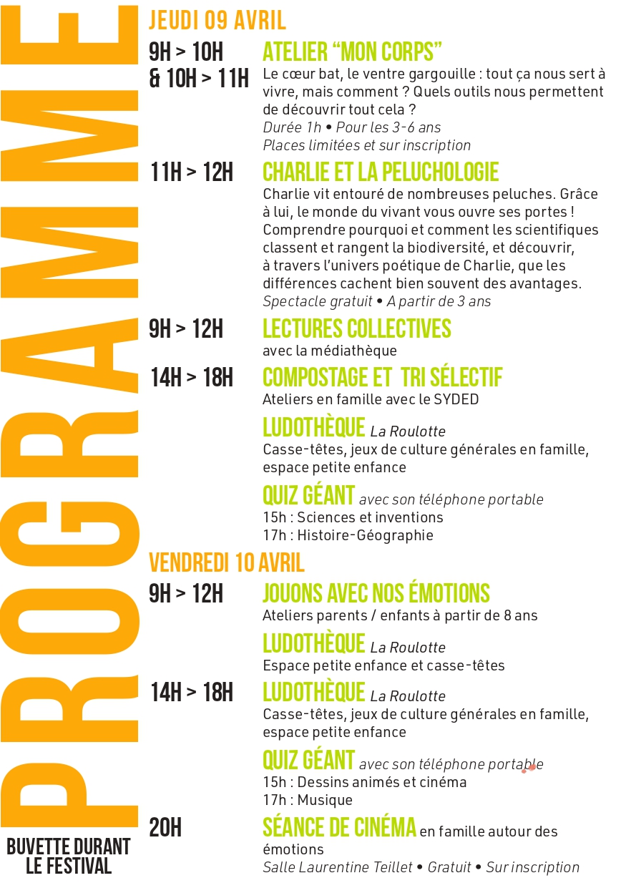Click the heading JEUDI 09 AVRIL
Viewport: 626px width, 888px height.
click(217, 20)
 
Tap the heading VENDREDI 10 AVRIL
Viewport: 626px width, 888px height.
click(226, 562)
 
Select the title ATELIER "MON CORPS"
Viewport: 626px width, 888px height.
click(352, 52)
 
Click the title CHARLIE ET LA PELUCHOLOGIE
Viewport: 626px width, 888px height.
click(381, 172)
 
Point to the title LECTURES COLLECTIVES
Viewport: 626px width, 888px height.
click(357, 328)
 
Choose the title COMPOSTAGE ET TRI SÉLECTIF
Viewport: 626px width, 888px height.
click(382, 377)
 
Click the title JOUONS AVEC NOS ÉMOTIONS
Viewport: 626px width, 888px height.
click(376, 593)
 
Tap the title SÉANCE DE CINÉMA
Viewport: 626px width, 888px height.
click(339, 828)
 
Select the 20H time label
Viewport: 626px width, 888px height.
click(165, 828)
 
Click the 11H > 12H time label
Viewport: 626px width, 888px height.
click(192, 172)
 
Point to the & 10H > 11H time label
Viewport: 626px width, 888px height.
click(199, 78)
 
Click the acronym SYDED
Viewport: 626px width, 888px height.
click(456, 399)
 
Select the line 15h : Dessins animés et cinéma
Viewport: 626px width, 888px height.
click(364, 782)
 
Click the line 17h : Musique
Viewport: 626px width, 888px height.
click(308, 800)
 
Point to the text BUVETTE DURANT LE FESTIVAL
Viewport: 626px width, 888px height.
click(69, 857)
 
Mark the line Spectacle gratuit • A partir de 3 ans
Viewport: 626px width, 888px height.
click(376, 301)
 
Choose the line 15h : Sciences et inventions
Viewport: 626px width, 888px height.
click(353, 517)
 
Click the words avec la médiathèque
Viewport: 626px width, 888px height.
click(329, 351)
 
